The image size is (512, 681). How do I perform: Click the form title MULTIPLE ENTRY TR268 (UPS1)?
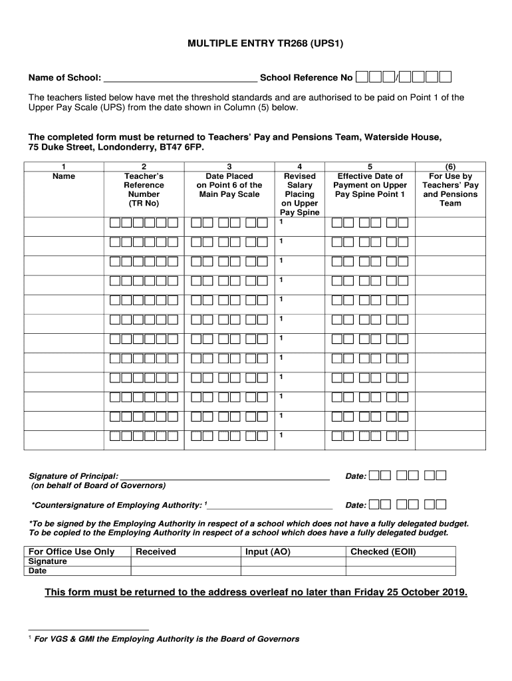255,45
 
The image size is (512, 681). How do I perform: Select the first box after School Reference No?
362,78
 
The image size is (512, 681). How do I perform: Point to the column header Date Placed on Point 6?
229,185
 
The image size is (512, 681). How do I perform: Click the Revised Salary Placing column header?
300,190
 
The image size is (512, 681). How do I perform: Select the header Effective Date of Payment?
370,185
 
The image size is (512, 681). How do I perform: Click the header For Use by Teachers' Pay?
449,190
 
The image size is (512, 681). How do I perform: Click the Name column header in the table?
63,176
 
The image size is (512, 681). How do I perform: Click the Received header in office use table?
156,551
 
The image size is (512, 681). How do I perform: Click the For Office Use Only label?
71,551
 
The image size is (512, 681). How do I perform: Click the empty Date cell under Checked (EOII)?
400,571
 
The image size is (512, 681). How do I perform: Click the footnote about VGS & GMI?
166,638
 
